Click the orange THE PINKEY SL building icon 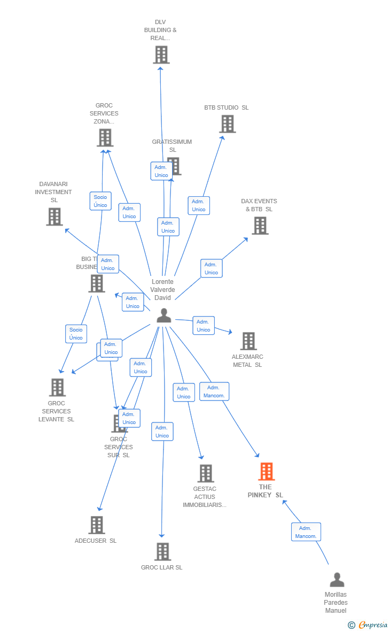coord(266,472)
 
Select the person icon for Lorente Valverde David coord(164,315)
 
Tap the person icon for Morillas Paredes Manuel coord(337,580)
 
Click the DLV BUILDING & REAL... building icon coord(161,55)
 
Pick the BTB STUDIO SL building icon coord(227,124)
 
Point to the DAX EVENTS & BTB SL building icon coord(260,226)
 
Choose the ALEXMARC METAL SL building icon coord(248,341)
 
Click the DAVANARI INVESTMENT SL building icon coord(54,217)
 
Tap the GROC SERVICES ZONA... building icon coord(105,137)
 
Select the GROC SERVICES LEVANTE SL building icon coord(57,387)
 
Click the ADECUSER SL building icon coord(96,525)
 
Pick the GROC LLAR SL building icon coord(162,552)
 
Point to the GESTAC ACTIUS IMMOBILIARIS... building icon coord(206,473)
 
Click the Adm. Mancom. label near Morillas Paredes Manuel coord(306,532)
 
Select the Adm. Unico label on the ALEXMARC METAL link coord(203,326)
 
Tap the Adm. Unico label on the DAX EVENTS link coord(211,268)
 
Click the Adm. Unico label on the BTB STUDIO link coord(198,205)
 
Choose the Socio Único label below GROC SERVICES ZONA coord(100,201)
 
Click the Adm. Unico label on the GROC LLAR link coord(162,432)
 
